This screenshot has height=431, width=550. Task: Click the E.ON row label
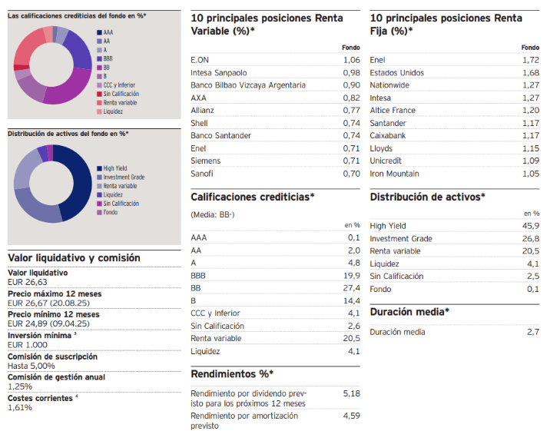[200, 60]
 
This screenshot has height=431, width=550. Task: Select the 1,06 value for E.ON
[351, 60]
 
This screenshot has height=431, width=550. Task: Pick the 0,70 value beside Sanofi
[351, 174]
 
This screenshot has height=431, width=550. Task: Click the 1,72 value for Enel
[531, 60]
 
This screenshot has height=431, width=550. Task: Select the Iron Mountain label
[394, 174]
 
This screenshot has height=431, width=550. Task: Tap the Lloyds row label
[382, 148]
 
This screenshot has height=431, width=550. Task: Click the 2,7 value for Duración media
[533, 332]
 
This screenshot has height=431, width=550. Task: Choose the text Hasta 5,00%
[31, 366]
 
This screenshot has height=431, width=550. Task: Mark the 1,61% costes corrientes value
[20, 407]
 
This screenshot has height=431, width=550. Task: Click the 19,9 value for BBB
[352, 275]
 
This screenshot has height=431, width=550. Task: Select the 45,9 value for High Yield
[531, 226]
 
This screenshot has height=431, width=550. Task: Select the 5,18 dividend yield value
[351, 393]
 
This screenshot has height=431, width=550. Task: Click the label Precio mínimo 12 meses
[54, 314]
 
